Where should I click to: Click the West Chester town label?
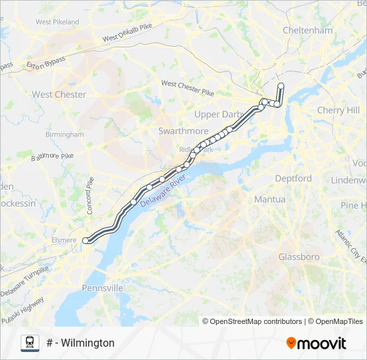click(x=59, y=95)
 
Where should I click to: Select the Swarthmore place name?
click(x=183, y=131)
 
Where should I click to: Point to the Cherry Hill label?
click(x=338, y=110)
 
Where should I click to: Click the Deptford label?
click(x=293, y=179)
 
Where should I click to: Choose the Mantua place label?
click(x=270, y=199)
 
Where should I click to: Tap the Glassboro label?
click(x=299, y=257)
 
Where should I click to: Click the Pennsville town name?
click(x=103, y=289)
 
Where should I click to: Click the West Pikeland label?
click(x=57, y=22)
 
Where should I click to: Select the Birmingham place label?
click(x=64, y=134)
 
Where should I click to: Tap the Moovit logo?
click(x=316, y=343)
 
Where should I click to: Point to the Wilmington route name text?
click(x=81, y=343)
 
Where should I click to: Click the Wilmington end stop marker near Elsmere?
click(x=85, y=240)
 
